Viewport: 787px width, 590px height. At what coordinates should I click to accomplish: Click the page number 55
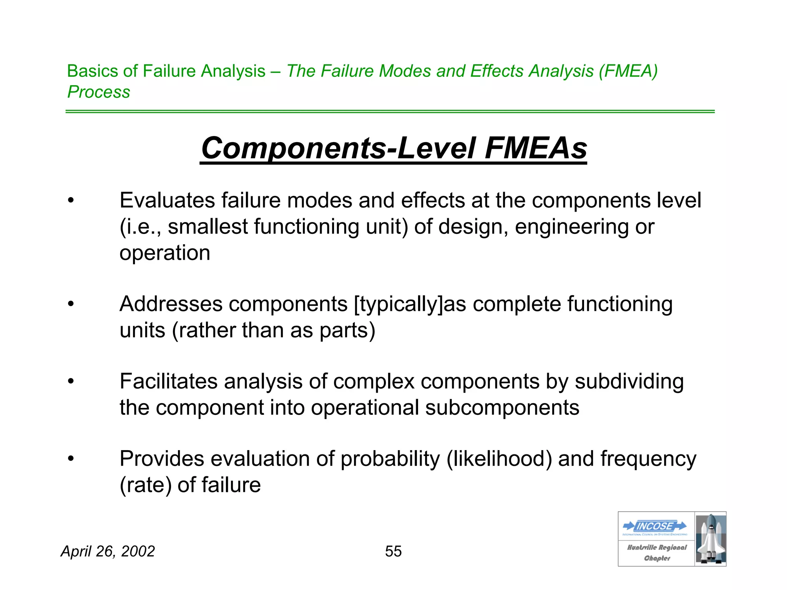pyautogui.click(x=393, y=551)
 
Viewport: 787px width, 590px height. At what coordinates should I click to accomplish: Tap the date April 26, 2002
pyautogui.click(x=108, y=551)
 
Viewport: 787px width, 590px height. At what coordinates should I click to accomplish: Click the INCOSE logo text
pyautogui.click(x=655, y=526)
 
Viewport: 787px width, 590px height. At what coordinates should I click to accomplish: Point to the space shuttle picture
pyautogui.click(x=711, y=539)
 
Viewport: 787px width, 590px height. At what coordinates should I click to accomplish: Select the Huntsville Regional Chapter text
pyautogui.click(x=657, y=553)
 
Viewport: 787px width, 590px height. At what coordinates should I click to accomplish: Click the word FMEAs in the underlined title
pyautogui.click(x=536, y=148)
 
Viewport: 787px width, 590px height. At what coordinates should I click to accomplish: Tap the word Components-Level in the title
pyautogui.click(x=339, y=148)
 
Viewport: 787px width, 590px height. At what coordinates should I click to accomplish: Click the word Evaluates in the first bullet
pyautogui.click(x=167, y=201)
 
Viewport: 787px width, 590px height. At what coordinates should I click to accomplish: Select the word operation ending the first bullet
pyautogui.click(x=165, y=253)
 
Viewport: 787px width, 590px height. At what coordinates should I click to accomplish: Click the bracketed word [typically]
pyautogui.click(x=398, y=304)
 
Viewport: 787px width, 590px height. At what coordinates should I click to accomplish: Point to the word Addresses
pyautogui.click(x=171, y=304)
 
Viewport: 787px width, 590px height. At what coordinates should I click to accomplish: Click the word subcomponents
pyautogui.click(x=502, y=408)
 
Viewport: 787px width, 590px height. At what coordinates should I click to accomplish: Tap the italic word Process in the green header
pyautogui.click(x=99, y=92)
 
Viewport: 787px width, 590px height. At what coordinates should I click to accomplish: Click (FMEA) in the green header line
pyautogui.click(x=628, y=71)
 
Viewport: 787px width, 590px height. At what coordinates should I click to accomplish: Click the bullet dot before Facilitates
pyautogui.click(x=70, y=381)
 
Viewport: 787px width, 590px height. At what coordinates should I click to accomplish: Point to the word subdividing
pyautogui.click(x=629, y=381)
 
